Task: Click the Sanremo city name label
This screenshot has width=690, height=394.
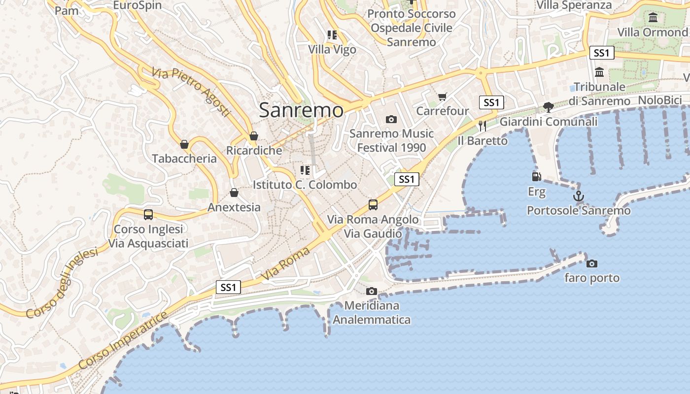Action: tap(301, 110)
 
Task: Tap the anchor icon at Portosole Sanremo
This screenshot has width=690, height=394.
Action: tap(578, 197)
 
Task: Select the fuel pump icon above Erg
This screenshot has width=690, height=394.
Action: tap(536, 176)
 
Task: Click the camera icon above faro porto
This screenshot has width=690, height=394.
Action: tap(592, 264)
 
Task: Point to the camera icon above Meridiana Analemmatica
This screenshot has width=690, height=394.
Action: tap(372, 292)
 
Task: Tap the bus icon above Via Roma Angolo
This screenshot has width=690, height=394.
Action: tap(373, 205)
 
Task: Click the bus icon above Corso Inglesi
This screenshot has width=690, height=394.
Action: tap(148, 215)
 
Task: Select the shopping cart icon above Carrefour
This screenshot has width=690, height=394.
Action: tap(442, 97)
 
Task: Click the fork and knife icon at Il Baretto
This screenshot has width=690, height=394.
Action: tap(482, 126)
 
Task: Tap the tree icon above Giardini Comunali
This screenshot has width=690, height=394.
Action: tap(548, 107)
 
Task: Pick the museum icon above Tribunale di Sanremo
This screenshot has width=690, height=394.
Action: tap(599, 72)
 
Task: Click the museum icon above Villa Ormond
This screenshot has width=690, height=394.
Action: tap(653, 18)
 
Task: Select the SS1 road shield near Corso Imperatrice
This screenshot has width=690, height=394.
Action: tap(228, 287)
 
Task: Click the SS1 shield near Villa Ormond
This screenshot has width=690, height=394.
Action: tap(601, 53)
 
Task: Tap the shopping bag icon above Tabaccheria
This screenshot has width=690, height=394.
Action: tap(184, 144)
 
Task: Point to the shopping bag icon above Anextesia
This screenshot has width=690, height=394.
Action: tap(234, 193)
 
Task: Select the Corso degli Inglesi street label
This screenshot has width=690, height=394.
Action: tap(62, 283)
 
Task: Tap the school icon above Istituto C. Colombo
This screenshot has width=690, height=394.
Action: tap(305, 170)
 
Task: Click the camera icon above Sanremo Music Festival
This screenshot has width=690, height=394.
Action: tap(391, 119)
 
